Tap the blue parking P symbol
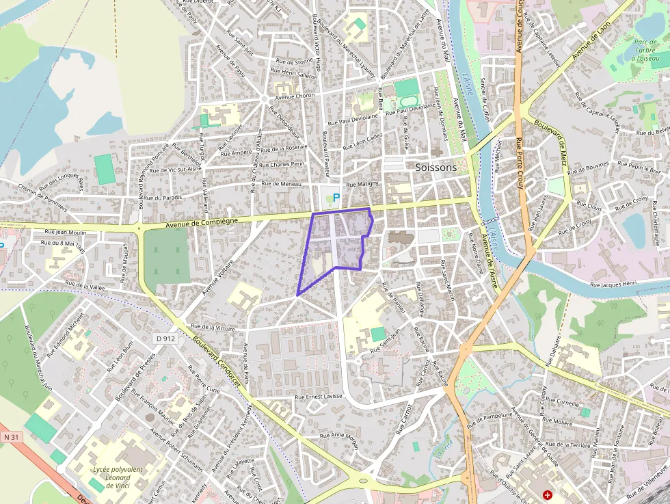point(336,197)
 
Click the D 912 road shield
point(165,338)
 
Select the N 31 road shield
point(10,436)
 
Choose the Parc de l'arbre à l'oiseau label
point(645,50)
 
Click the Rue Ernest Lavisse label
point(318,397)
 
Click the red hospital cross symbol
point(548,494)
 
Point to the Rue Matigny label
point(362,185)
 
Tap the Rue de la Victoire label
point(213,328)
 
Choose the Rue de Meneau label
point(281,184)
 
